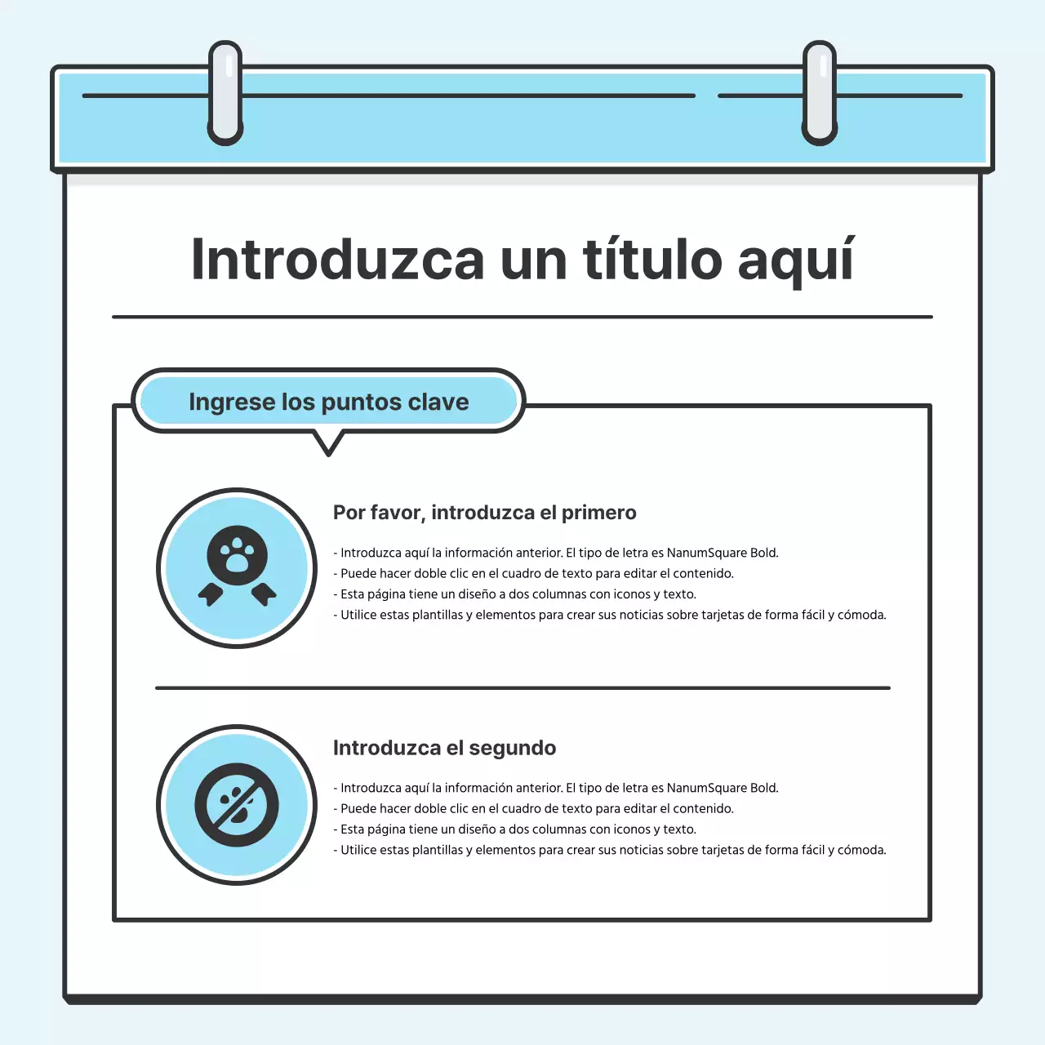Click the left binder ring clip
(225, 93)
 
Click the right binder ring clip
(820, 93)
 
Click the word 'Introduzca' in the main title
(337, 260)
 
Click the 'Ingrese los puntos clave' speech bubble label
(328, 402)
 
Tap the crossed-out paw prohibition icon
(237, 805)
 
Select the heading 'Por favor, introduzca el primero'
(484, 513)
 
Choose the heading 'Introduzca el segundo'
(444, 748)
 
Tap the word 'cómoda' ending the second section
(861, 850)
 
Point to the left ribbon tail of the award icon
(211, 594)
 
